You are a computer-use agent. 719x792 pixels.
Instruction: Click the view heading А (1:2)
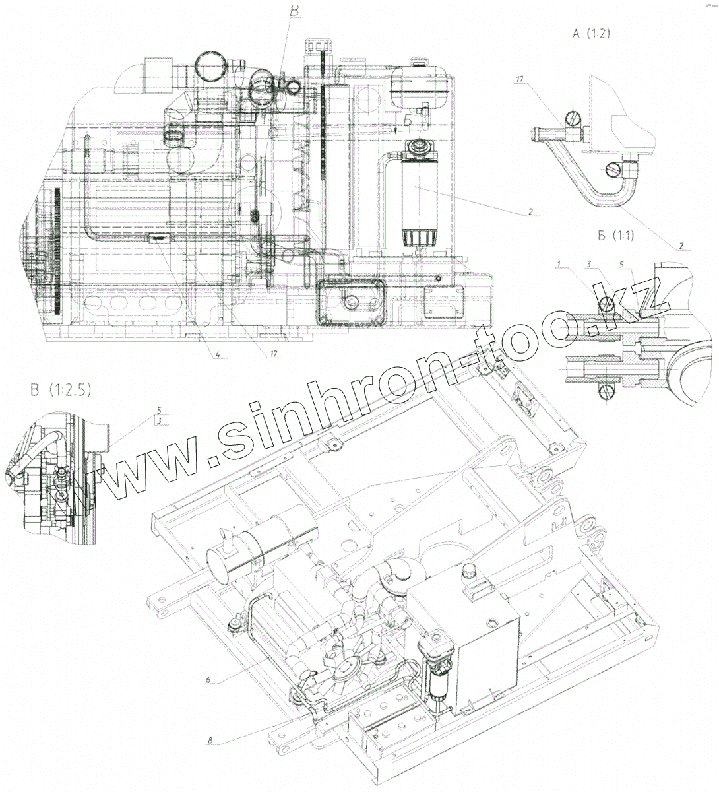click(590, 34)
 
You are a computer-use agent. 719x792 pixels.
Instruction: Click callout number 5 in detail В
click(158, 409)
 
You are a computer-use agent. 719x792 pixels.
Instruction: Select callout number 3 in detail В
click(158, 420)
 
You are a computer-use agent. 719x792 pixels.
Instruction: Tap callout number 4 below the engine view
click(217, 354)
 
